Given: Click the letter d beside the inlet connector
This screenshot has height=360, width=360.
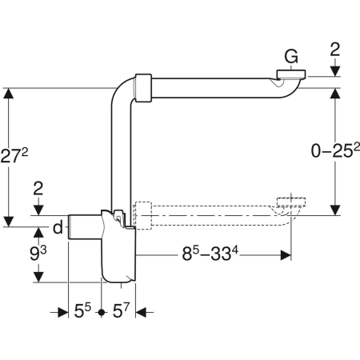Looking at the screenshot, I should point(58,227).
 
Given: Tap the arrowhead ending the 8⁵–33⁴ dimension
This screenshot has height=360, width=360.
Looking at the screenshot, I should point(283,257).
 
